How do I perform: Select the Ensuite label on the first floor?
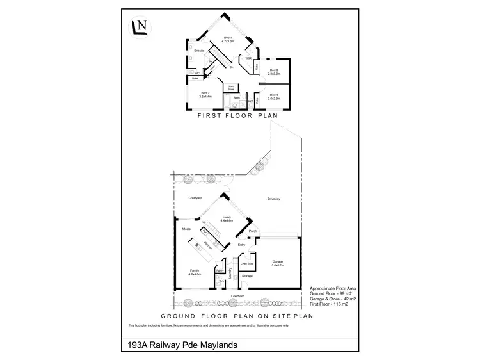click(x=199, y=50)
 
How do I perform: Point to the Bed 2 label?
click(x=205, y=95)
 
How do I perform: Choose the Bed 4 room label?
click(x=274, y=95)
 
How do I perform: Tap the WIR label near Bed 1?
click(x=248, y=58)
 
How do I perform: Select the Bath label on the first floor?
click(x=236, y=97)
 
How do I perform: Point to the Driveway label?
click(x=274, y=200)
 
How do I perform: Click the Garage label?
click(x=278, y=261)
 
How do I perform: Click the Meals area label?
click(x=187, y=229)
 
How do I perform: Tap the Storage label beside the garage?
click(x=247, y=276)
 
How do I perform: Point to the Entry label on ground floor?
click(x=241, y=245)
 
